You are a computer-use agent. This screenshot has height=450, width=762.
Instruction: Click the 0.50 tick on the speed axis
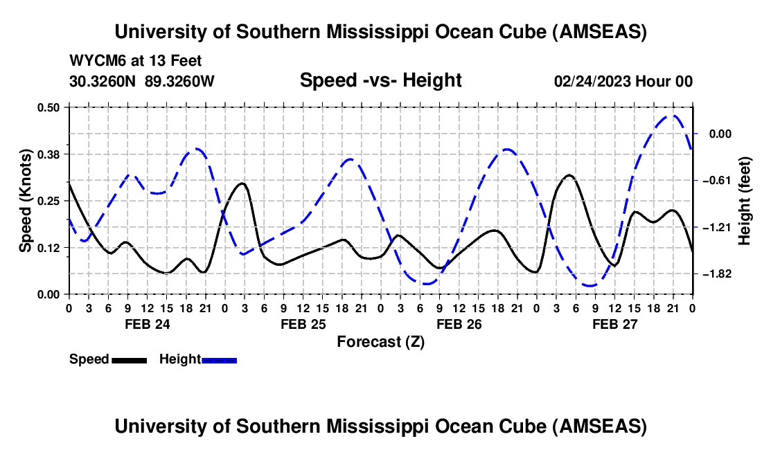(x=69, y=107)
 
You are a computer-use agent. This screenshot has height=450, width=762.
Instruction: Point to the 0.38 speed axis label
(x=50, y=154)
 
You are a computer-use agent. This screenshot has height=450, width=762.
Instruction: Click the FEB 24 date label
(x=147, y=324)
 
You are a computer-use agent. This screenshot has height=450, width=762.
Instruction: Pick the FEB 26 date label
(x=459, y=324)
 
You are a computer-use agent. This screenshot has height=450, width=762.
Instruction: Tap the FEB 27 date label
(x=614, y=324)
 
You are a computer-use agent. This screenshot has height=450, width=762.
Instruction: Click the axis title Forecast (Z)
(x=380, y=341)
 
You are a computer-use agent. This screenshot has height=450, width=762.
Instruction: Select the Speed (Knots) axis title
(x=25, y=201)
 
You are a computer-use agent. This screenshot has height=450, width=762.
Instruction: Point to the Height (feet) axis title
(x=745, y=201)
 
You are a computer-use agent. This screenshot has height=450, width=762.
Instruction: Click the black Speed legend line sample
(x=129, y=359)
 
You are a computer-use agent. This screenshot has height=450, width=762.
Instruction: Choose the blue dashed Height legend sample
(x=220, y=359)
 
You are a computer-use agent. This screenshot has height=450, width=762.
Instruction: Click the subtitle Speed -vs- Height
(x=380, y=80)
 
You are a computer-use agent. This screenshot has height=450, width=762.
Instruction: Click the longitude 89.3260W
(x=180, y=81)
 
